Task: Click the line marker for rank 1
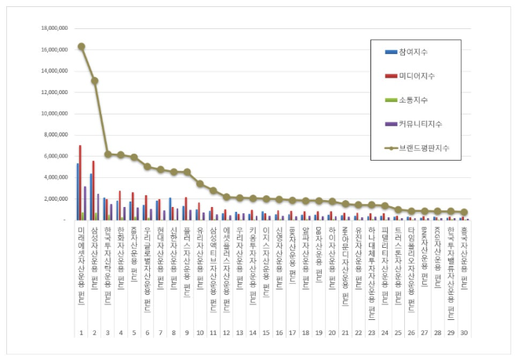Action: click(x=82, y=46)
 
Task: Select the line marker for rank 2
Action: click(x=95, y=81)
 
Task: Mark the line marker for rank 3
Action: click(x=108, y=155)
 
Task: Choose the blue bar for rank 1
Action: click(x=77, y=191)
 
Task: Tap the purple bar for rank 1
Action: click(x=85, y=202)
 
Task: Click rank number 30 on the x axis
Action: click(x=464, y=333)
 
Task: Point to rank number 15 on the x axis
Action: click(x=266, y=333)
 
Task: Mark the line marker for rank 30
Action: click(x=464, y=213)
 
